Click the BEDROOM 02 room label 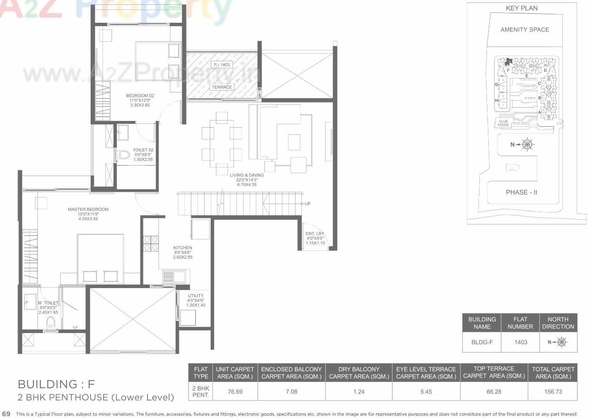140,96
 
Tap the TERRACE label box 222,87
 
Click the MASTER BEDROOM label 88,209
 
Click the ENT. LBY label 315,233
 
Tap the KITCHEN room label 182,248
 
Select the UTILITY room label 196,296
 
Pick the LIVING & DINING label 246,175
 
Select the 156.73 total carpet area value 553,392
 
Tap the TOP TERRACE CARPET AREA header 494,372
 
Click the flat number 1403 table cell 520,342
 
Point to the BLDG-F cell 482,342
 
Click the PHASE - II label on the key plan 522,192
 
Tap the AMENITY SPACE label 524,29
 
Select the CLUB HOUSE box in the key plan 504,123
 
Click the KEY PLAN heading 522,8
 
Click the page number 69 6,414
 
